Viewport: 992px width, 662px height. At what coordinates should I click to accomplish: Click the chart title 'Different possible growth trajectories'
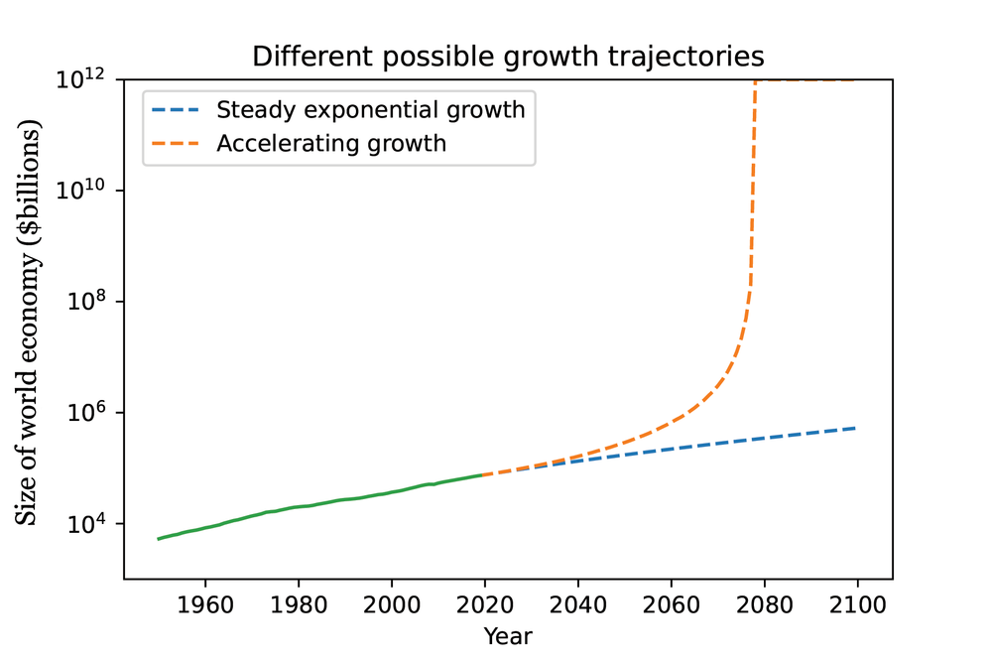pos(508,56)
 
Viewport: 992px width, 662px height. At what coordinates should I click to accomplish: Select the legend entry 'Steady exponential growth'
pos(370,109)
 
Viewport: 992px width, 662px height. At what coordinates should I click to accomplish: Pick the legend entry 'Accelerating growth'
pos(331,143)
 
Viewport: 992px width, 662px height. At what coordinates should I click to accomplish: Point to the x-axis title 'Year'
pos(508,635)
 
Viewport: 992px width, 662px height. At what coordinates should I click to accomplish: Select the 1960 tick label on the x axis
pos(205,603)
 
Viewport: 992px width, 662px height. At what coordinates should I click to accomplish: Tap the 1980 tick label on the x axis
pos(299,603)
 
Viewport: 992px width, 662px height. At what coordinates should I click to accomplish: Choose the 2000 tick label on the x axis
pos(392,603)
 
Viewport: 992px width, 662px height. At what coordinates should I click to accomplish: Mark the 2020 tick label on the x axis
pos(484,603)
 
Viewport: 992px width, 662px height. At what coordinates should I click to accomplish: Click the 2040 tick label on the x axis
pos(577,603)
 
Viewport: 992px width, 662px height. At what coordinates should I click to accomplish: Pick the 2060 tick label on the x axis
pos(671,603)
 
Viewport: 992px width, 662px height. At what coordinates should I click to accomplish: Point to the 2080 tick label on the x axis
pos(764,603)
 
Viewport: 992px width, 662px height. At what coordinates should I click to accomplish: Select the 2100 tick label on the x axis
pos(857,603)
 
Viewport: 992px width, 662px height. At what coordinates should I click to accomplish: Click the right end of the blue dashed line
pos(856,428)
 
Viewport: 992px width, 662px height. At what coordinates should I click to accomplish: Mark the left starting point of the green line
pos(159,539)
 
